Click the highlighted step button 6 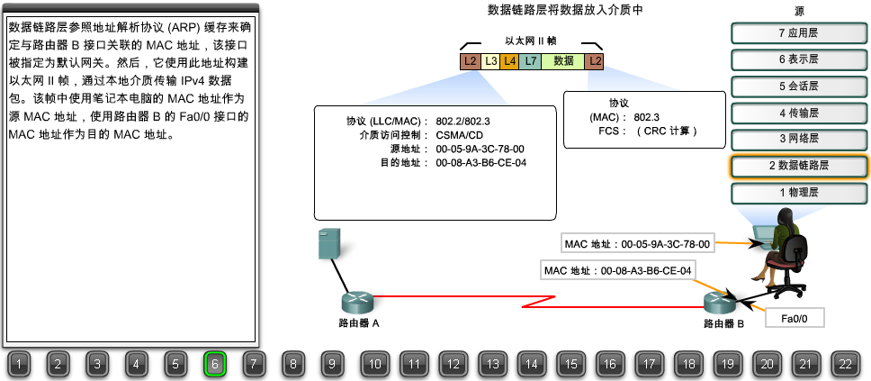pos(215,364)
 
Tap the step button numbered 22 pos(844,364)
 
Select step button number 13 pos(492,364)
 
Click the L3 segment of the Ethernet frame pos(490,61)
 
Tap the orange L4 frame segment pos(509,61)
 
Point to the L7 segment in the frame pos(531,61)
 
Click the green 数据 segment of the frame pos(563,61)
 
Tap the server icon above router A pos(330,244)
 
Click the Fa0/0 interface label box pos(794,318)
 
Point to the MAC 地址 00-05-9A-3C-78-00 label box pos(638,243)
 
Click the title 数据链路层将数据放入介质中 pos(565,10)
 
